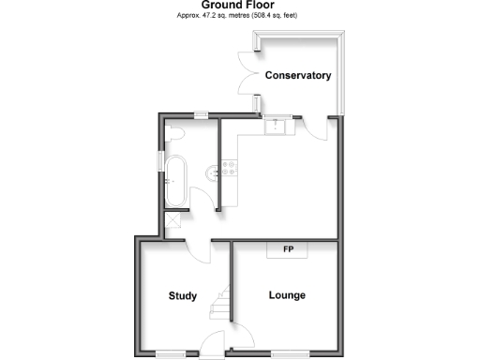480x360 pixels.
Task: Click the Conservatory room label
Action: [x=298, y=76]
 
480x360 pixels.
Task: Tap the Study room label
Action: [x=183, y=296]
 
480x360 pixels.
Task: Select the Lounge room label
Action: [x=287, y=295]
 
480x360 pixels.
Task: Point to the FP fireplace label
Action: [x=288, y=250]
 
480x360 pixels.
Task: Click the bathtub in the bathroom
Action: [x=175, y=180]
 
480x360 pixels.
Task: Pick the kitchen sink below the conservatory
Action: [x=276, y=126]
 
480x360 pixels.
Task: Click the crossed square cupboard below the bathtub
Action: [x=173, y=222]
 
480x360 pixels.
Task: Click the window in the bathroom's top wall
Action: [x=200, y=115]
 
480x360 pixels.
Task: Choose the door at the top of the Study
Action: [x=198, y=248]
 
